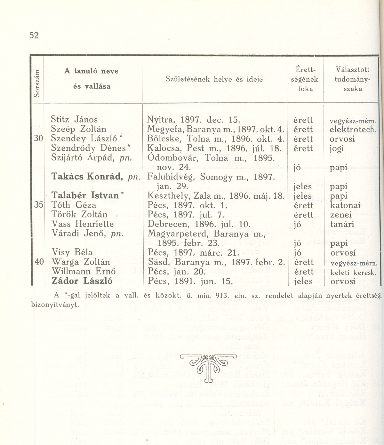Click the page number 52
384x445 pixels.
tap(34, 35)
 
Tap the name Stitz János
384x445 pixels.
tap(74, 120)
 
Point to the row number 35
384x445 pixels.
tap(38, 205)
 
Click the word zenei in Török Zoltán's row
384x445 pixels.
tap(340, 215)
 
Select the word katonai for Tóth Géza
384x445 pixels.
tap(345, 205)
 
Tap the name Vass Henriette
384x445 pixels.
tap(82, 224)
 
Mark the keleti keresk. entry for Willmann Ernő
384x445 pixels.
tap(353, 273)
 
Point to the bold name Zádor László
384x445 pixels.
tap(82, 281)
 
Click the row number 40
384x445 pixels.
tap(39, 262)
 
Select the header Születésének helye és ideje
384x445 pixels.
tap(214, 79)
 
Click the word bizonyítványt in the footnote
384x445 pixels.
tap(54, 304)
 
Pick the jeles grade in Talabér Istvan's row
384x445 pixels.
tap(302, 196)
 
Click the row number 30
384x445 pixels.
tap(38, 139)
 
